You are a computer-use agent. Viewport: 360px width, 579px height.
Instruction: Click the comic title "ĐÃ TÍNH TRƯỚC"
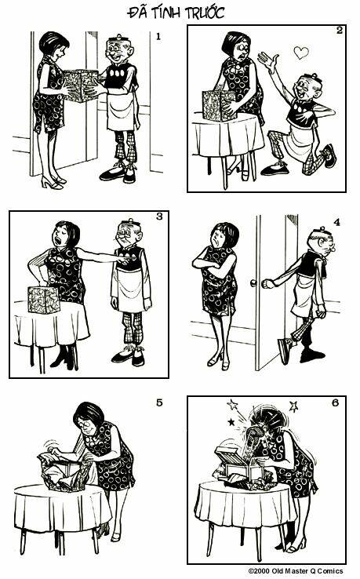[176, 13]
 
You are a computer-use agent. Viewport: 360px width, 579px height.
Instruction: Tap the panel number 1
[158, 36]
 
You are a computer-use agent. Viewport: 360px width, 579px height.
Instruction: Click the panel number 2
[340, 31]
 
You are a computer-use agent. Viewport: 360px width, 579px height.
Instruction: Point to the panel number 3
[159, 217]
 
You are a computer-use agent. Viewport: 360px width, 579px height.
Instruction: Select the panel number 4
[336, 222]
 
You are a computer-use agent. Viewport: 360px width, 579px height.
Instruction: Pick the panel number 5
[159, 402]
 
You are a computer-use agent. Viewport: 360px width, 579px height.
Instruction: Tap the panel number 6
[335, 402]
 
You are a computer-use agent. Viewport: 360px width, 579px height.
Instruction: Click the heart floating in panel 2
[301, 53]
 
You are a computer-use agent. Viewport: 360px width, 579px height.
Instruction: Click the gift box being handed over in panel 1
[80, 86]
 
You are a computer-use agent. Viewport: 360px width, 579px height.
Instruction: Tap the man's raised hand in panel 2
[268, 61]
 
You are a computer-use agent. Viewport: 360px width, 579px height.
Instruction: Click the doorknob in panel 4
[253, 283]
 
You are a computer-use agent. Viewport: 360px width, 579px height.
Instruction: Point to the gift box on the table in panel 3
[43, 300]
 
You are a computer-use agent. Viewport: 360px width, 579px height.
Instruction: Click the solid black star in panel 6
[231, 421]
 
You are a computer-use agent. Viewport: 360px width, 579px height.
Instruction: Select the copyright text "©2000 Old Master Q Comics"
[296, 571]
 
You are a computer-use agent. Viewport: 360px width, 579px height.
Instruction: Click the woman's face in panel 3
[61, 235]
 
